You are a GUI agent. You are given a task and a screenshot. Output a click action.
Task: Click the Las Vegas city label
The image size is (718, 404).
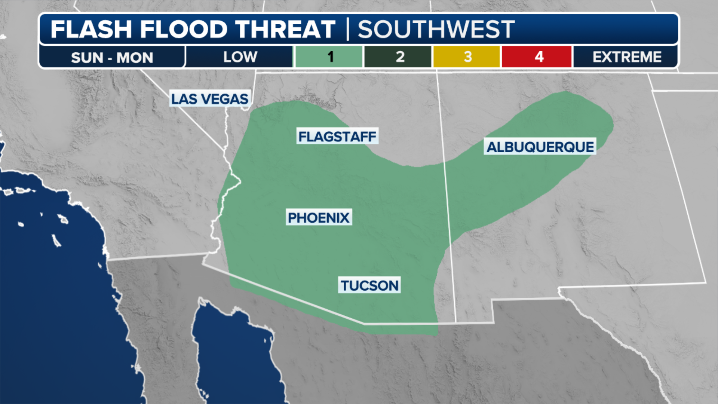tap(209, 99)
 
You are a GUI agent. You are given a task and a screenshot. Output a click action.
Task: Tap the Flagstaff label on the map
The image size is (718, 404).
tap(337, 136)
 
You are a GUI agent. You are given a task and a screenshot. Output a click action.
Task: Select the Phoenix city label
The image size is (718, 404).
tap(319, 217)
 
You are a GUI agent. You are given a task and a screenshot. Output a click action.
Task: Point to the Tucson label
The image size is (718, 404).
tap(369, 285)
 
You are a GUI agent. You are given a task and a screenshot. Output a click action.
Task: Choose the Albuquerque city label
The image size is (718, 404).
tap(540, 147)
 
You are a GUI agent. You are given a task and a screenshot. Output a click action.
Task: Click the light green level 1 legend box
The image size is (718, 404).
tap(329, 57)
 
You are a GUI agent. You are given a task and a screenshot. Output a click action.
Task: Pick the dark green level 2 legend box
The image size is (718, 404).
tap(398, 57)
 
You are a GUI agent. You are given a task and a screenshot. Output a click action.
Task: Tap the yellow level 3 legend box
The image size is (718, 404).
tap(466, 57)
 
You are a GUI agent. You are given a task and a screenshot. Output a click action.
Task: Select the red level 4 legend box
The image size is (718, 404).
tap(537, 57)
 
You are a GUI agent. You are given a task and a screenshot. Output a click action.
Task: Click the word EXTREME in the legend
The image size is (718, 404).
tap(627, 57)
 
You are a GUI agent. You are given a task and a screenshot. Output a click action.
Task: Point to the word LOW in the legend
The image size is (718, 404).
tap(240, 57)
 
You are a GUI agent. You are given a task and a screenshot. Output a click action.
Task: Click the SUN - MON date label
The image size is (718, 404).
tap(112, 58)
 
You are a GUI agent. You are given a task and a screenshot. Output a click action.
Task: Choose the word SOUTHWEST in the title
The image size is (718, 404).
tap(436, 29)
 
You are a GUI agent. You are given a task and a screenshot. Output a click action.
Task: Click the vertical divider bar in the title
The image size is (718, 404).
tap(347, 29)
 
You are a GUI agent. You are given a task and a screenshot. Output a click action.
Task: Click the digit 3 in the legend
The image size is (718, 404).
tap(467, 57)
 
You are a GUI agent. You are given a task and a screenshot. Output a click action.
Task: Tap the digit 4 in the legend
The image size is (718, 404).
tap(539, 57)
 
